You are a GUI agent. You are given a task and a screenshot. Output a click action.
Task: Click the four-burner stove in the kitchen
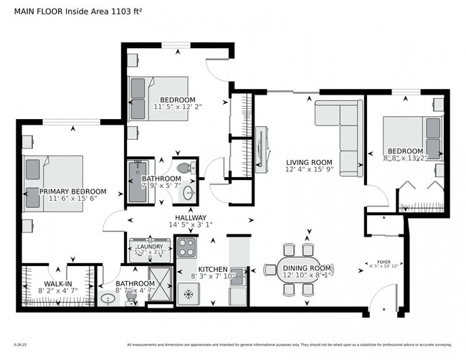(x=187, y=248)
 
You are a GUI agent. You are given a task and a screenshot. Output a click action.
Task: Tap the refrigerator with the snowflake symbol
(x=189, y=294)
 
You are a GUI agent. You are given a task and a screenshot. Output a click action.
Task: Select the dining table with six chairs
(x=299, y=269)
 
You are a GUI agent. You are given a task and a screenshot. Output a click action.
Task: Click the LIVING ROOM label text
(x=309, y=162)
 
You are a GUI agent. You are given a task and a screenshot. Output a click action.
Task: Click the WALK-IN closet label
(x=58, y=284)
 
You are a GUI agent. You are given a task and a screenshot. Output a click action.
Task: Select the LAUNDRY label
(x=150, y=246)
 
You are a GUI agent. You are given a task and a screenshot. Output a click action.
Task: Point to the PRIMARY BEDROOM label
(x=72, y=191)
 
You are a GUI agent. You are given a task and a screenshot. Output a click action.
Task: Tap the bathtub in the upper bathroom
(x=136, y=182)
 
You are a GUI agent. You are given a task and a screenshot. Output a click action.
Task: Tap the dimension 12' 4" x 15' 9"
(x=309, y=170)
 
